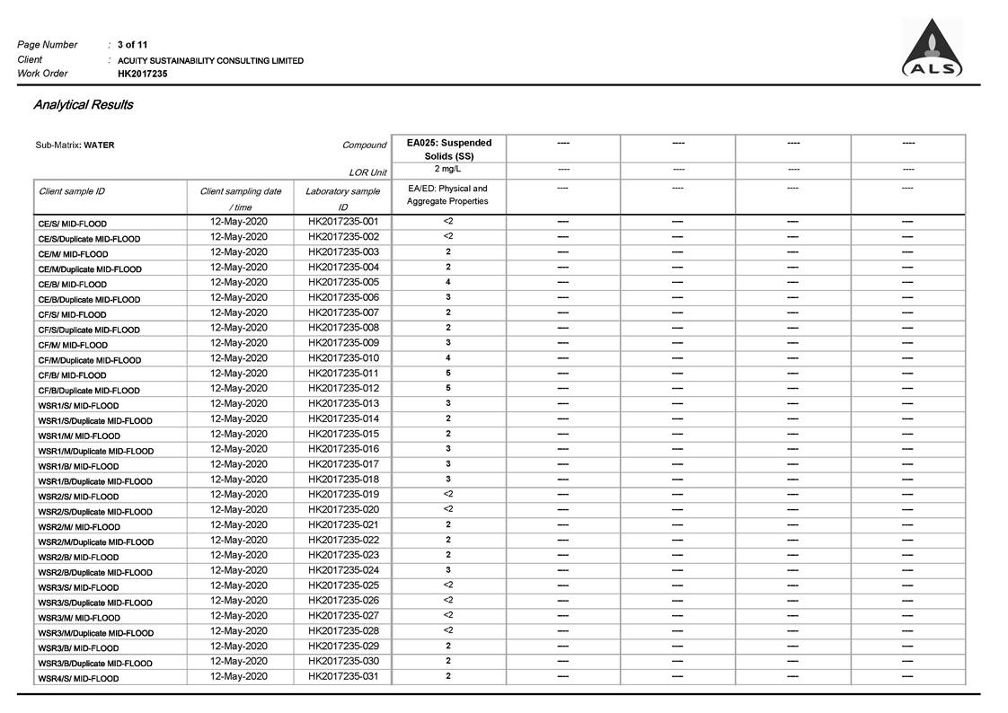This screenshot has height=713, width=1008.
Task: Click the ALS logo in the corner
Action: (933, 49)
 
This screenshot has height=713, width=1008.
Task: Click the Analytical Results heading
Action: (84, 105)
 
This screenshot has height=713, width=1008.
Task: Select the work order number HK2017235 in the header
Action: (142, 74)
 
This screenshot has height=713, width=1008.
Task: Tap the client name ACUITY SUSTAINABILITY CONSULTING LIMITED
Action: (210, 61)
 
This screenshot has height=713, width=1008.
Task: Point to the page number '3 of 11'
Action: (132, 45)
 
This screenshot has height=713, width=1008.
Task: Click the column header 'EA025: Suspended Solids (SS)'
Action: (449, 149)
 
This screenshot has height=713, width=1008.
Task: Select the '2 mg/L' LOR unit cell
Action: (448, 169)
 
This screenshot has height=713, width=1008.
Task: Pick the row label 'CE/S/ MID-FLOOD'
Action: (72, 224)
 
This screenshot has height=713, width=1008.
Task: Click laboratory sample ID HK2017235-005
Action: (343, 282)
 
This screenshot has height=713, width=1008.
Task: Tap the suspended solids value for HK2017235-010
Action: (448, 358)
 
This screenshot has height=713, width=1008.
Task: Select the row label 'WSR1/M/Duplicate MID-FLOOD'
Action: (95, 451)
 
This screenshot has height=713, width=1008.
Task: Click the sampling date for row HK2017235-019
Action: (239, 495)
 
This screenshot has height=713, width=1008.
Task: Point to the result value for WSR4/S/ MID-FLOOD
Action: (448, 676)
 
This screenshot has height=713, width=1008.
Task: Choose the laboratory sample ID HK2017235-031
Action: (343, 676)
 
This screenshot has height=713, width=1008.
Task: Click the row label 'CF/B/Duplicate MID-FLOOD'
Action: (89, 391)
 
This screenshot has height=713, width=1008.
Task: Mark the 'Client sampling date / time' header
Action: (240, 198)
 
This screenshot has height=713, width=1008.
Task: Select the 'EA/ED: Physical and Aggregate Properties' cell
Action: (447, 195)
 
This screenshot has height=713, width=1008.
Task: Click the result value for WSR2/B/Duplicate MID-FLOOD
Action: (448, 570)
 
